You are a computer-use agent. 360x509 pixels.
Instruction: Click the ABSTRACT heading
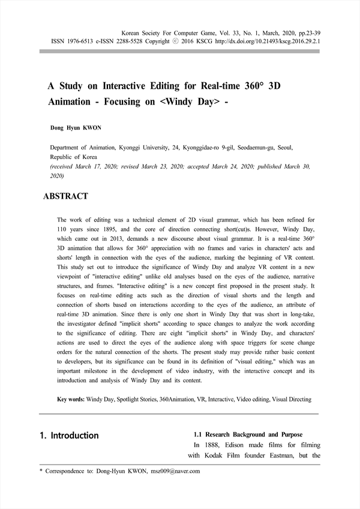tap(66, 196)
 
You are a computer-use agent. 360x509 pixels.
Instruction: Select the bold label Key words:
tap(70, 399)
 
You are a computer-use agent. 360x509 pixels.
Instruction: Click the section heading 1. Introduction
tap(69, 435)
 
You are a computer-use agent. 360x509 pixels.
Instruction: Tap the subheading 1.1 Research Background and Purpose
tap(248, 434)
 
